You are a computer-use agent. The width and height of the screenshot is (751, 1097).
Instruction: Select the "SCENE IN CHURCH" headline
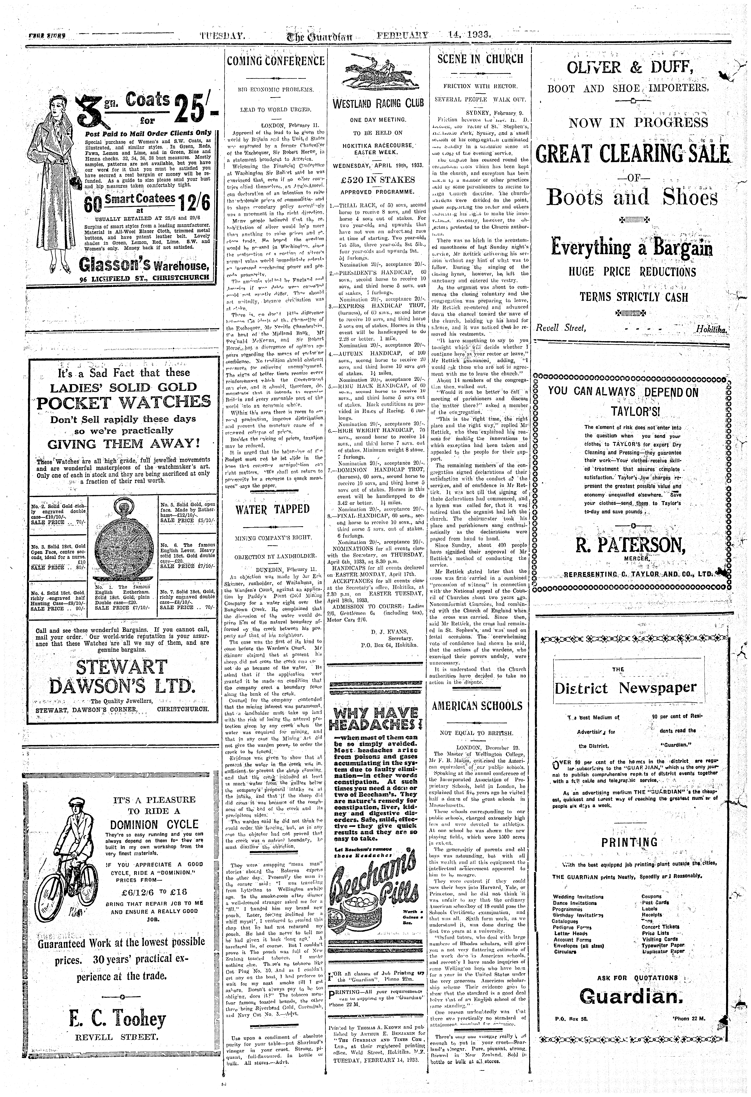click(480, 59)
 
